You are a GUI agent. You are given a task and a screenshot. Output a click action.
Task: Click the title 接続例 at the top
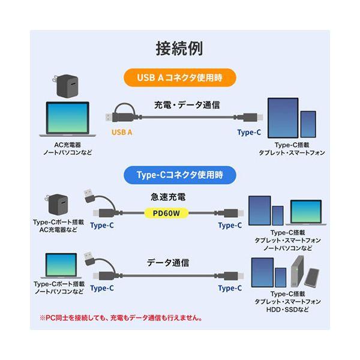179,49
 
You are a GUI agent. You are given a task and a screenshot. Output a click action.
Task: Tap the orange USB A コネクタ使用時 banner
180,77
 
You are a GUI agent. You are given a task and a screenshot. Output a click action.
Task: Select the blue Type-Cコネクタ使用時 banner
180,175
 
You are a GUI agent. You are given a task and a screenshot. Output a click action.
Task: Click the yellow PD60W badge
166,213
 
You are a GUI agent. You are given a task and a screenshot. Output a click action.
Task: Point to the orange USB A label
122,132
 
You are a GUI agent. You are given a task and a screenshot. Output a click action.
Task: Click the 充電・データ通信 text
187,105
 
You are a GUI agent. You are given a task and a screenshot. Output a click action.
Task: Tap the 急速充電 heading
168,197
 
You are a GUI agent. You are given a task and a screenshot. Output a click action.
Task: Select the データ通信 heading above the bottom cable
168,263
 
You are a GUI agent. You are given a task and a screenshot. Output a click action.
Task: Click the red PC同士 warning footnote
121,318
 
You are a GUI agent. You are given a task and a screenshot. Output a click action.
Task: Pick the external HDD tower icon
297,271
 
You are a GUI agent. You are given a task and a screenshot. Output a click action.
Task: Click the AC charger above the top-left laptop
65,86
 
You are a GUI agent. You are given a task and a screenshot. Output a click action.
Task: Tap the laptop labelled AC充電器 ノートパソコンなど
67,119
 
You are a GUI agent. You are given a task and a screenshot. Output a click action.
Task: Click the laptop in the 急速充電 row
306,212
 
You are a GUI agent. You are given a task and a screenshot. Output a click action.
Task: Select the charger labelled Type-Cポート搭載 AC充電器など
57,204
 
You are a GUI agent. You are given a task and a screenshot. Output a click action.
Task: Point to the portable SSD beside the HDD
311,277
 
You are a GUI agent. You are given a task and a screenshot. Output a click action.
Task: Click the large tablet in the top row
283,118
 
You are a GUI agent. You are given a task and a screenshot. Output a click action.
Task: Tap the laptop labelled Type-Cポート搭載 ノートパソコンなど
61,266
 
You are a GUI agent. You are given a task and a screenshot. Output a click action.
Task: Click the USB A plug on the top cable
113,118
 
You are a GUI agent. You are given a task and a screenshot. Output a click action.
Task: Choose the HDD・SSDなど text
287,310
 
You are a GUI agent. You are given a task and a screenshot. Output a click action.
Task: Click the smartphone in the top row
308,124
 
